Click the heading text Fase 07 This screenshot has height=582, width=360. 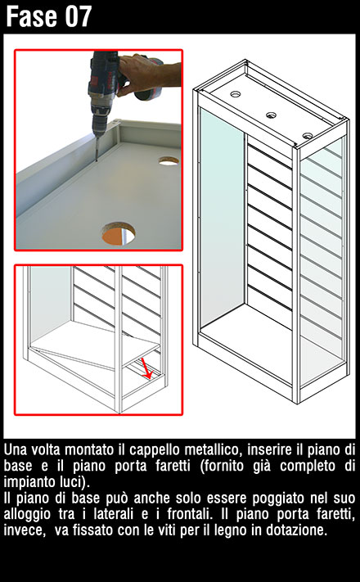tap(48, 16)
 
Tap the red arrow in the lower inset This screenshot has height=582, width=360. tap(146, 368)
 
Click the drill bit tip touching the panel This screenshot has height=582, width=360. tap(97, 160)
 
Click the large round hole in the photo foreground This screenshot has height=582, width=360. tap(119, 234)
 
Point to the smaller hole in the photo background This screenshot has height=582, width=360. tap(169, 161)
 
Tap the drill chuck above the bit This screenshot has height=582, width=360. tap(101, 120)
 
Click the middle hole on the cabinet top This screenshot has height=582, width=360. tap(272, 115)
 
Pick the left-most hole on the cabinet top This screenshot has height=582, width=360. tap(236, 94)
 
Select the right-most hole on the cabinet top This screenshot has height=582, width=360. tap(308, 136)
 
